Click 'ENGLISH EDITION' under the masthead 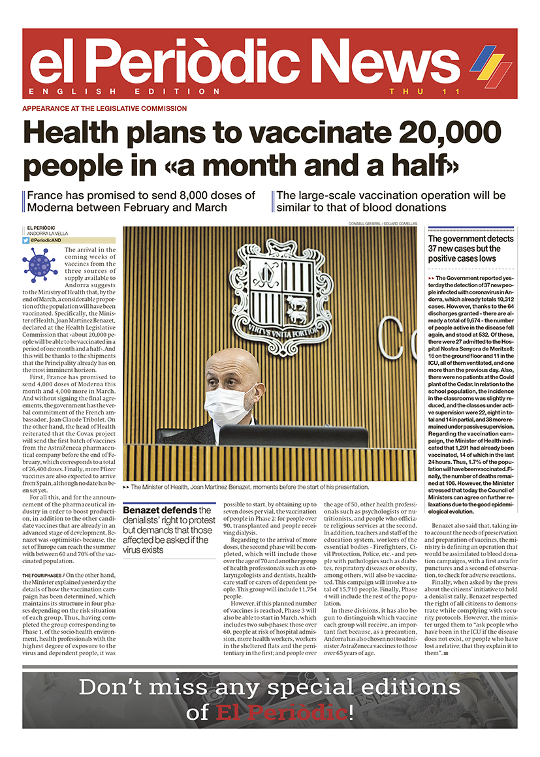click(x=125, y=91)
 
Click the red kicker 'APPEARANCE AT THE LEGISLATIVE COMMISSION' click(x=104, y=108)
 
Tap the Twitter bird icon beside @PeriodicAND click(x=26, y=240)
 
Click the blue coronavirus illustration click(x=40, y=264)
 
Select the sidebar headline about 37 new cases click(x=470, y=249)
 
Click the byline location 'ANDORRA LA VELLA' click(x=48, y=234)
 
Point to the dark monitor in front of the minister click(x=292, y=436)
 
